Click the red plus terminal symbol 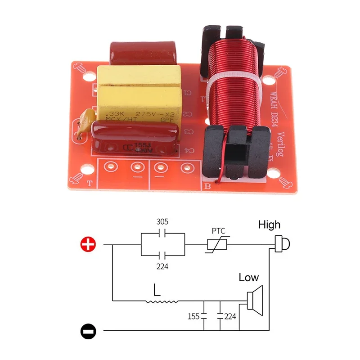(88, 244)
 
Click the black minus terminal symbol (88, 332)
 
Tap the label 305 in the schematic (162, 222)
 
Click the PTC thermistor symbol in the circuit (217, 245)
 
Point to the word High (269, 225)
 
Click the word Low (249, 278)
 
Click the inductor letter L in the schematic (156, 289)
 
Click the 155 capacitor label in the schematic (193, 316)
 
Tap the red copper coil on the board (232, 85)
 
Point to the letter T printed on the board (89, 183)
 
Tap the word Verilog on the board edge (282, 144)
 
